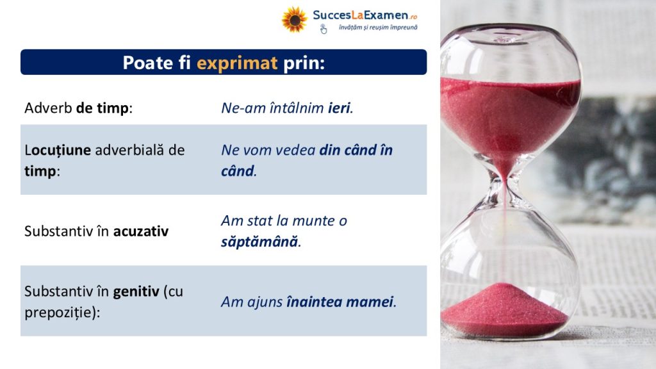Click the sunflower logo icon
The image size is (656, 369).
[x=294, y=19]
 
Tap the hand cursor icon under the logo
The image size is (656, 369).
[x=324, y=29]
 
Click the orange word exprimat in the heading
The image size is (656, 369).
[x=237, y=63]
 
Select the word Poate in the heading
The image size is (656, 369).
[x=148, y=63]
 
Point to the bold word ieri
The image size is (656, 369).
[x=339, y=108]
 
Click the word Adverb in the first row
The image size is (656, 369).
[x=48, y=108]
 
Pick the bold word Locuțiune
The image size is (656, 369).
[x=58, y=150]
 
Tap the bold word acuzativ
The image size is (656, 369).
[x=141, y=231]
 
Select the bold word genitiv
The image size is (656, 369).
[x=136, y=291]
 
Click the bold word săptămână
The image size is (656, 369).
[x=259, y=242]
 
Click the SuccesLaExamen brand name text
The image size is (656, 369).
[x=360, y=15]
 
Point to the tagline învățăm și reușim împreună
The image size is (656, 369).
[x=378, y=27]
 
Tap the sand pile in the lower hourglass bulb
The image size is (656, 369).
[x=504, y=309]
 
